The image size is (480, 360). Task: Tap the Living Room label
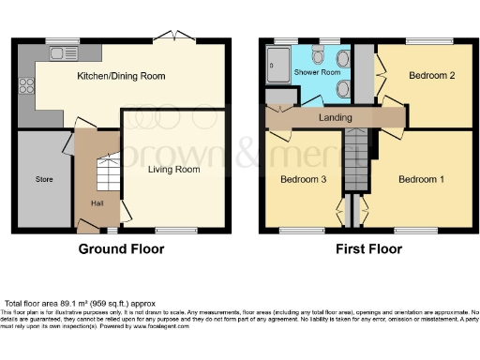coord(174,170)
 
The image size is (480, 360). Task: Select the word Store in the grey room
coord(44,178)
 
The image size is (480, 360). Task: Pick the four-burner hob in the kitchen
coord(27,88)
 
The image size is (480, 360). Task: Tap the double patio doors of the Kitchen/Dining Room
coord(175,38)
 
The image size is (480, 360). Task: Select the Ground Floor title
coord(121,249)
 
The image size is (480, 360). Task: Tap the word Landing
coord(335,118)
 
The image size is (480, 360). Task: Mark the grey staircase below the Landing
coord(353,159)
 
